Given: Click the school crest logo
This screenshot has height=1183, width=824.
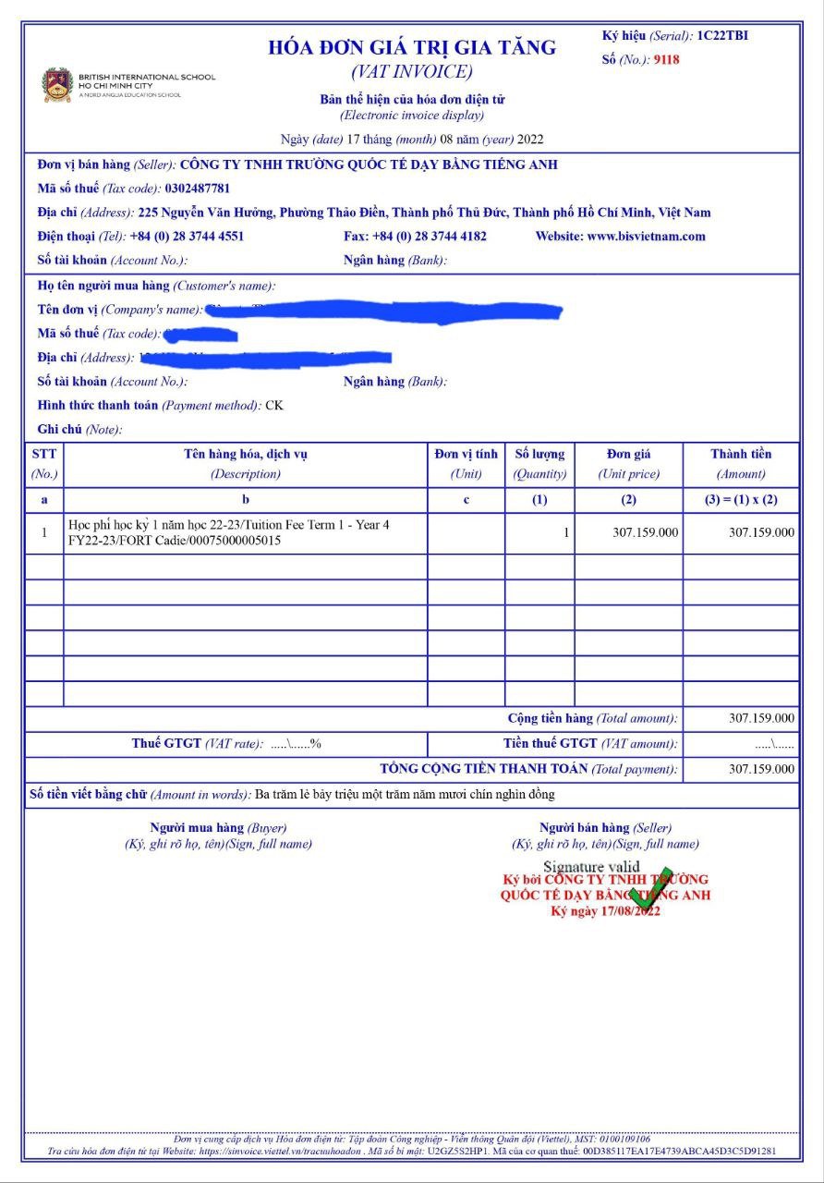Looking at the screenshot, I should pyautogui.click(x=57, y=84).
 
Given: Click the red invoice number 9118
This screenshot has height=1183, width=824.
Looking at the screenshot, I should pyautogui.click(x=666, y=60).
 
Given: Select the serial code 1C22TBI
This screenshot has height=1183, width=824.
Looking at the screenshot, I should pyautogui.click(x=722, y=36).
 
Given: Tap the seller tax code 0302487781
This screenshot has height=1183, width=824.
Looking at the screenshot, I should pyautogui.click(x=198, y=189).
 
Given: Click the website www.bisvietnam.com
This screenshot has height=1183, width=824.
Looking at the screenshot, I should pyautogui.click(x=646, y=236).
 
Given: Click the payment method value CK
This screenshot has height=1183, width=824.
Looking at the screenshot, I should pyautogui.click(x=274, y=405).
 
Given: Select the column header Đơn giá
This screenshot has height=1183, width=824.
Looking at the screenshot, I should pyautogui.click(x=628, y=454).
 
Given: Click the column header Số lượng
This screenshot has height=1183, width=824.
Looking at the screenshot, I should pyautogui.click(x=539, y=454).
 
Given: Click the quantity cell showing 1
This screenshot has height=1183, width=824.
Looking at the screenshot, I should pyautogui.click(x=566, y=532).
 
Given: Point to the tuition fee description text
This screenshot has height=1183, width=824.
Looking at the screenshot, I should pyautogui.click(x=229, y=532).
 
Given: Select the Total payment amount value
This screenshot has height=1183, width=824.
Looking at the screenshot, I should pyautogui.click(x=761, y=769).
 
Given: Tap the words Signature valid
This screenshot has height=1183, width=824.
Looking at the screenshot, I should pyautogui.click(x=591, y=866).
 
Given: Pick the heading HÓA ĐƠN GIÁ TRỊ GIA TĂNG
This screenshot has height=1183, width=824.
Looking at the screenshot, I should pyautogui.click(x=412, y=48).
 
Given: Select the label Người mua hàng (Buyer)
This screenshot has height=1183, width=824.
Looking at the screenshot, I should pyautogui.click(x=218, y=828).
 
